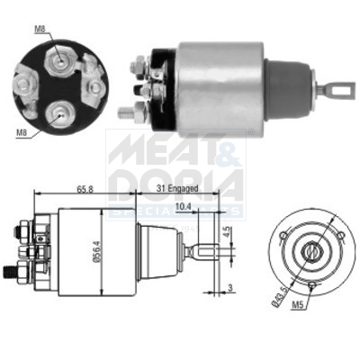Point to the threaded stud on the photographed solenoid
click(126, 112)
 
